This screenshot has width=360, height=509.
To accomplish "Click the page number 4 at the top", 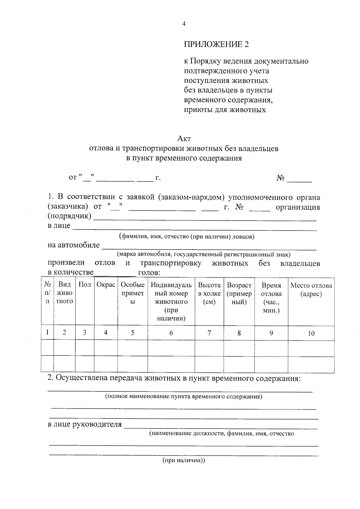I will [184, 24].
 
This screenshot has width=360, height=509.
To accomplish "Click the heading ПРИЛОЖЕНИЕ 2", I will [216, 44].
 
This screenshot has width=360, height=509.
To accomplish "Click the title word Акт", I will [184, 139].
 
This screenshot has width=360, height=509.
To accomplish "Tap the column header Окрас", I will [106, 285].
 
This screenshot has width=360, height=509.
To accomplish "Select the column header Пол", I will [85, 285].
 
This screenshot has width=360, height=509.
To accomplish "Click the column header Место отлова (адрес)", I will [311, 289].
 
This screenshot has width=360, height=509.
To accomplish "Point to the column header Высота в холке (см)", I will [209, 293].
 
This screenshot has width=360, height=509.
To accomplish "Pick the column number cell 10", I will [311, 333].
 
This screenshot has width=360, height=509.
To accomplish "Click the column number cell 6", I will [171, 333].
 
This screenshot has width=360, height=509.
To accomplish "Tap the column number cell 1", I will [47, 332].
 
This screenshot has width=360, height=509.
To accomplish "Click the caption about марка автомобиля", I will [204, 254].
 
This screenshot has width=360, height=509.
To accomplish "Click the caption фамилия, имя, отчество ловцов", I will [186, 236].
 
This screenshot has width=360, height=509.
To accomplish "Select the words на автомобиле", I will [73, 245].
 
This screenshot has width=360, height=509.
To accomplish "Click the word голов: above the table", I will [149, 273].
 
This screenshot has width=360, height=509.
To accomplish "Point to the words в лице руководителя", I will [85, 424].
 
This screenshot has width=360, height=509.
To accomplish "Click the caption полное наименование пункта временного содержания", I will [184, 396].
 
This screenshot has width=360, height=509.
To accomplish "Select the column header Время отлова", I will [271, 298].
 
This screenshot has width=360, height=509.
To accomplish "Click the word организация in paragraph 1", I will [298, 207].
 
